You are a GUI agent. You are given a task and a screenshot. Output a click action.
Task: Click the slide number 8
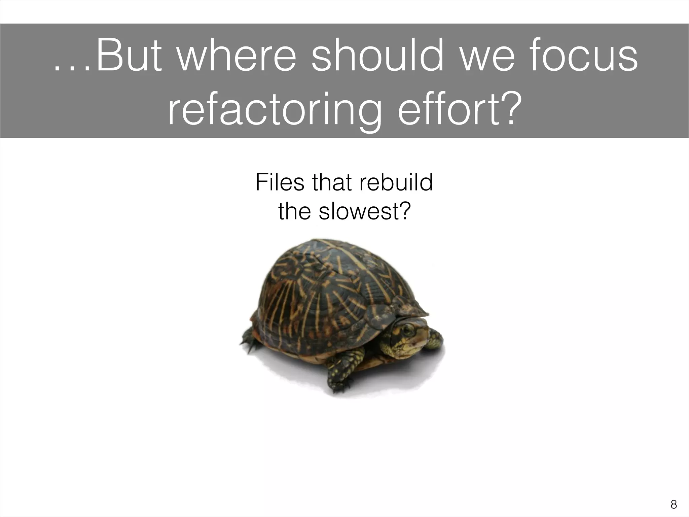pos(674,505)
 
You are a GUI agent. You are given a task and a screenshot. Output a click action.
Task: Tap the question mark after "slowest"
pos(404,211)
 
